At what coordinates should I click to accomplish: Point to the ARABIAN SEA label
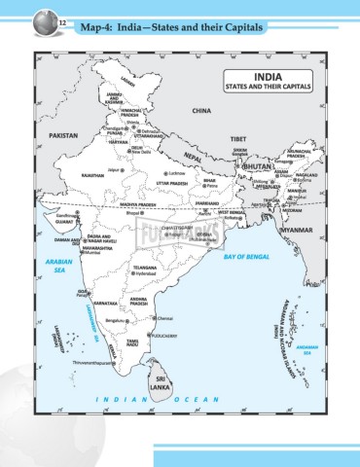47,266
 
